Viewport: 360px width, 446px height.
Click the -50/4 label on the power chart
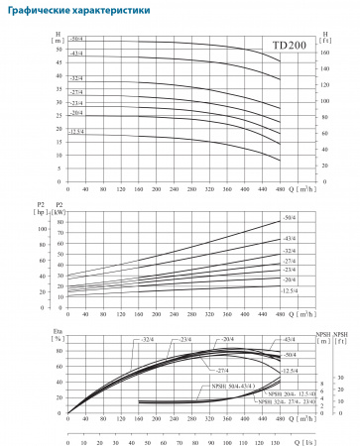(290, 216)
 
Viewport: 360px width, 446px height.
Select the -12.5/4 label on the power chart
(290, 290)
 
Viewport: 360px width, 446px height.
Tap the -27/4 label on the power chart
(290, 260)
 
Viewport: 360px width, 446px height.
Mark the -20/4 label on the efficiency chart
(200, 339)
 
